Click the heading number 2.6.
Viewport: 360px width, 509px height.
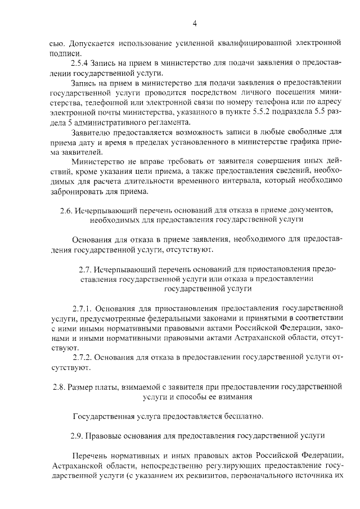point(65,210)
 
